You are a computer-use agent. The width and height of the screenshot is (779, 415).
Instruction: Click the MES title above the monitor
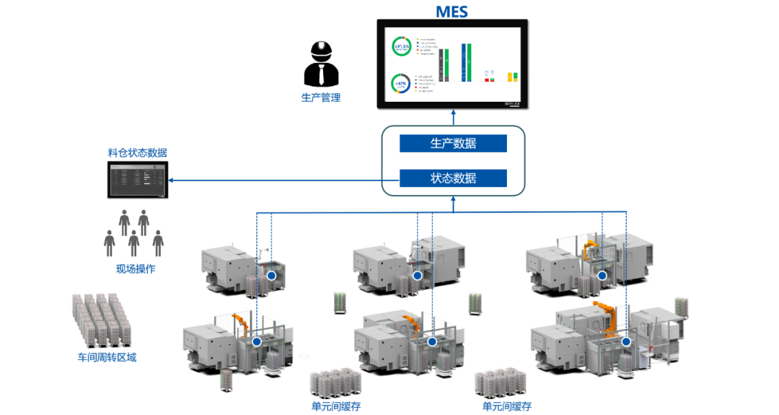[452, 11]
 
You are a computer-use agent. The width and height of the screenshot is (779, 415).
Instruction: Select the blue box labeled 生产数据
[453, 143]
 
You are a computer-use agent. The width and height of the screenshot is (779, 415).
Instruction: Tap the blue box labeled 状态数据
[453, 178]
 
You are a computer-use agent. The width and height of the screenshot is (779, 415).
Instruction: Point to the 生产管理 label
[321, 97]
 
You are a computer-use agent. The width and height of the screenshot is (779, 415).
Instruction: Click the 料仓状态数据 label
[138, 152]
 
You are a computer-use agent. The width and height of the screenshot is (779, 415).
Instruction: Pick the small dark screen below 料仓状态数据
[136, 180]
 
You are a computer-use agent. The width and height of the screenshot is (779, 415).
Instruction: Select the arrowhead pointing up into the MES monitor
[453, 113]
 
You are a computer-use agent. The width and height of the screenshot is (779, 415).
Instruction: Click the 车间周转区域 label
[107, 357]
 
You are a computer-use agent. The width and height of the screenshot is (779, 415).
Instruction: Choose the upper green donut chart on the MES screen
[401, 48]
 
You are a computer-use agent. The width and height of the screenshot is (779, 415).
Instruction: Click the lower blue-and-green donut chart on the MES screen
[400, 84]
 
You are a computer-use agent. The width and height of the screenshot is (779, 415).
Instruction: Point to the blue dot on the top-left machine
[271, 275]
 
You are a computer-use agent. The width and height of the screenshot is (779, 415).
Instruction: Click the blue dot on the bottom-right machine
[626, 341]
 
